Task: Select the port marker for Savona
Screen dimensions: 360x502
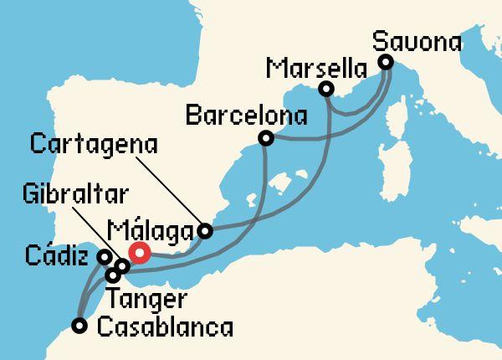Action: click(386, 63)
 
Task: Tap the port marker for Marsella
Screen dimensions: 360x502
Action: click(326, 89)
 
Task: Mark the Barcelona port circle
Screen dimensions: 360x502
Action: click(266, 137)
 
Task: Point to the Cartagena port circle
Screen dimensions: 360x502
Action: click(206, 230)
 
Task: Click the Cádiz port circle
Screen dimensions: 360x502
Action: click(105, 257)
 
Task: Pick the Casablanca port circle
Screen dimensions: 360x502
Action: click(79, 326)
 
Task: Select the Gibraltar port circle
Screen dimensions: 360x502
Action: click(123, 266)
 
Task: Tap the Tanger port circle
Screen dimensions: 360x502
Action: click(113, 275)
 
